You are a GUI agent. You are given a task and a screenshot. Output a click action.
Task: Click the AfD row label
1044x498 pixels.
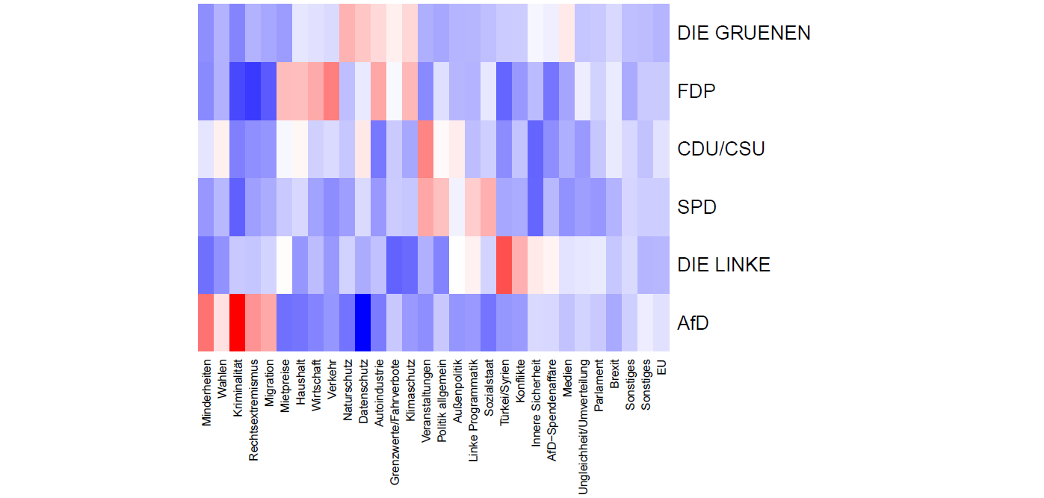(692, 323)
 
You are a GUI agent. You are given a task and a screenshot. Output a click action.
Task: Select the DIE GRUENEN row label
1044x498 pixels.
(743, 34)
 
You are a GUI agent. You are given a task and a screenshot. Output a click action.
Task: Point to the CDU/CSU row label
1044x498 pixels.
(720, 150)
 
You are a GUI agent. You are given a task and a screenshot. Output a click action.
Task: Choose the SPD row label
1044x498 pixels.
(696, 207)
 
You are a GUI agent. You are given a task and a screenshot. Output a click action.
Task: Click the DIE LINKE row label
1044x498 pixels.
(723, 265)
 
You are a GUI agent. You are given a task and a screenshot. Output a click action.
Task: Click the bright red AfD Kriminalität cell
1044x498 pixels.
(238, 323)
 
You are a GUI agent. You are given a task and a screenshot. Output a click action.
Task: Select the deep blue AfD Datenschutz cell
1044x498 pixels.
(363, 323)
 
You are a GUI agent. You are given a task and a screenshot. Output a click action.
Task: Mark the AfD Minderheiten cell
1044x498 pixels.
(206, 323)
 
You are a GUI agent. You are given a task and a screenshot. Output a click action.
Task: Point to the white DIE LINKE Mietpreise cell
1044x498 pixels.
(285, 265)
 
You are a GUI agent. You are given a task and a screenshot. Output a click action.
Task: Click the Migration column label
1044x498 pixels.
(269, 390)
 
